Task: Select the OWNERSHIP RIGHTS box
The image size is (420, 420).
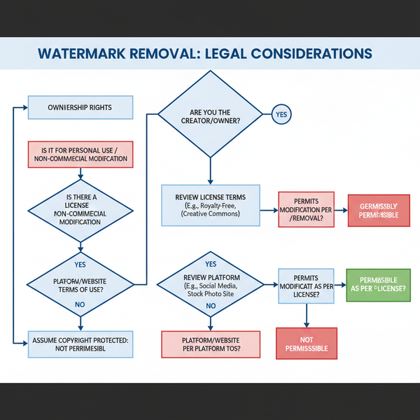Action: (x=79, y=108)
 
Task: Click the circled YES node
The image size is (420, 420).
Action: (x=281, y=114)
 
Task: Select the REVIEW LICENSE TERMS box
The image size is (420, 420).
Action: (x=210, y=205)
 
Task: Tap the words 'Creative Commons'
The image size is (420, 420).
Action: (x=210, y=213)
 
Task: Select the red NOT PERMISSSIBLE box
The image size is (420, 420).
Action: (x=307, y=343)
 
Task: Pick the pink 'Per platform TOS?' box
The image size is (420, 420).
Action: (x=211, y=343)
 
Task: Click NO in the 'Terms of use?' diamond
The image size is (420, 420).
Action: (x=79, y=304)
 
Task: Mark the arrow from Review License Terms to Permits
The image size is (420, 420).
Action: (x=269, y=209)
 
